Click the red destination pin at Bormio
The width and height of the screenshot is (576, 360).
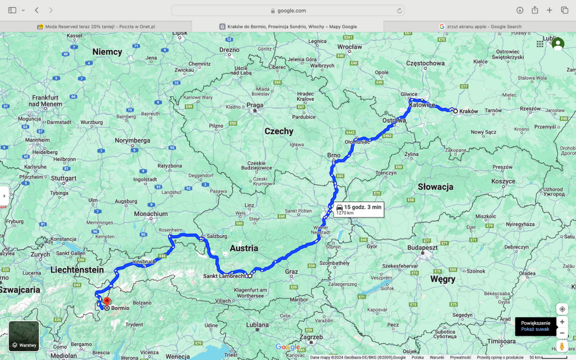107,301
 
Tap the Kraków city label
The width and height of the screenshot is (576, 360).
469,111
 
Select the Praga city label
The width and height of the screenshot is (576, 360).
255,105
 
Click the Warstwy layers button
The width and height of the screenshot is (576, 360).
24,336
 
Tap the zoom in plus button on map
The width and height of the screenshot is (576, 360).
562,322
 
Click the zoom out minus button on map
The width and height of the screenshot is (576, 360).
562,333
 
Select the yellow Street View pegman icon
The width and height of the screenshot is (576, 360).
562,346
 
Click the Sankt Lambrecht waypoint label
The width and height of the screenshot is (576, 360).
224,276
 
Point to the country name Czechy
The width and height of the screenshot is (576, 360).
279,131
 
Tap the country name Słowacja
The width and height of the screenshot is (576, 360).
435,187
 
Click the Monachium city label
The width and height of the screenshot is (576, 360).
151,214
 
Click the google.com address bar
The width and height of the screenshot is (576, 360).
287,10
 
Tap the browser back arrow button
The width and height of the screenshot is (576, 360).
37,10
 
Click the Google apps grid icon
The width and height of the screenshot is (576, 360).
540,44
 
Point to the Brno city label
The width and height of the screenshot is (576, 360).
334,156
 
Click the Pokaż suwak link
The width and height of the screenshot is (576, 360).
535,329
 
